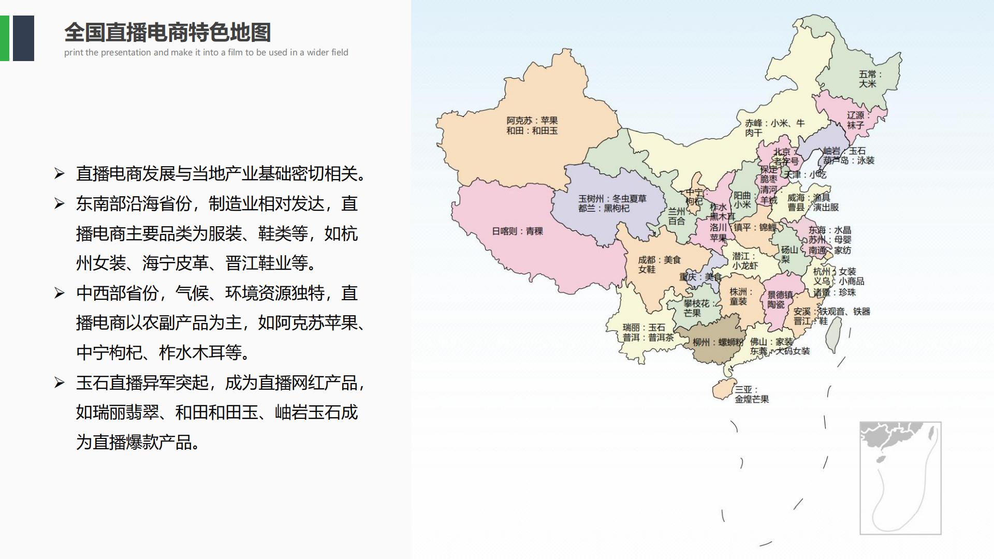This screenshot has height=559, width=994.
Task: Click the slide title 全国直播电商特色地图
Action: coord(167,33)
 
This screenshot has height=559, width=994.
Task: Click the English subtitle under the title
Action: coord(206,52)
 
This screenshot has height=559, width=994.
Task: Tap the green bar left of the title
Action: coord(4,38)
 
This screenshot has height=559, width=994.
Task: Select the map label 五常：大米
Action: coord(870,79)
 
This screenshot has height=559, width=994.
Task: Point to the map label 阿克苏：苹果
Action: coord(532,121)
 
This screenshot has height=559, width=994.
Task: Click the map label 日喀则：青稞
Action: coord(517,231)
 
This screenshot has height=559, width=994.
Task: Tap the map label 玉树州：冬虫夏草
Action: coord(612,199)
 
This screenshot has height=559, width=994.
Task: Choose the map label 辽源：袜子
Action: coord(857,120)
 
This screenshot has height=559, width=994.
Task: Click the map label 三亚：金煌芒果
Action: coord(752,394)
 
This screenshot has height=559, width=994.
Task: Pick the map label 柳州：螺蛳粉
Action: coord(718,342)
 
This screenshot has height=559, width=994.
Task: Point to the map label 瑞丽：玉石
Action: coord(644,328)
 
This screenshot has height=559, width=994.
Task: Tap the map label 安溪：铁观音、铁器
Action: coord(831,312)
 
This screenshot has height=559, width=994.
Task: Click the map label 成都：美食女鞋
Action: coord(659,264)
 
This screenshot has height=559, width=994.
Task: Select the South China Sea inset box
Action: coord(900,478)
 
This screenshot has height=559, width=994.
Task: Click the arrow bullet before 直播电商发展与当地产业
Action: coord(60,174)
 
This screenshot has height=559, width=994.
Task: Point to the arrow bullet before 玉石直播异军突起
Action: coord(60,383)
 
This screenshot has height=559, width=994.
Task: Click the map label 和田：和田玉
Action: coord(532,131)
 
